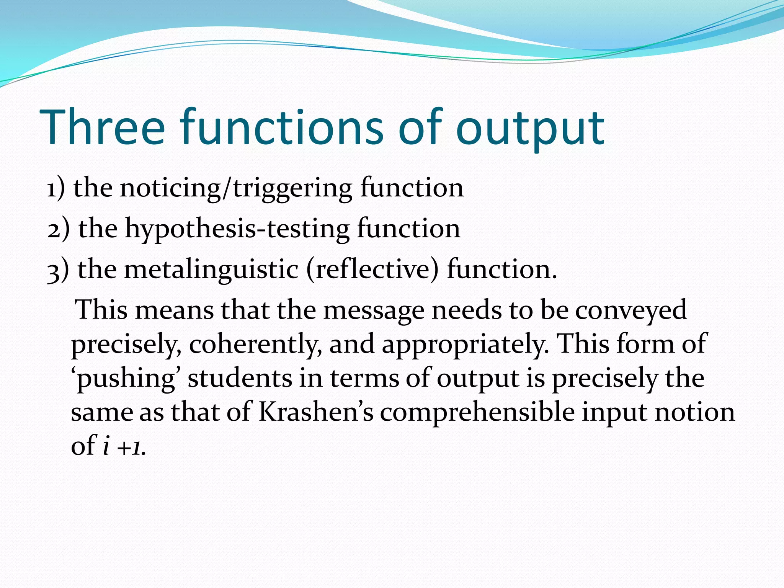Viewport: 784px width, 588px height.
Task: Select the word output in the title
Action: tap(530, 128)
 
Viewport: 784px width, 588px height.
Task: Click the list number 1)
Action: tap(56, 188)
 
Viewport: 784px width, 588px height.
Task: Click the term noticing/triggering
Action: tap(235, 188)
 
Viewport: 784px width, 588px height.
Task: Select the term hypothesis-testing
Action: tap(237, 229)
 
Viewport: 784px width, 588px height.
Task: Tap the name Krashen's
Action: tap(316, 412)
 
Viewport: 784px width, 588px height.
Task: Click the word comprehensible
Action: tap(477, 412)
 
